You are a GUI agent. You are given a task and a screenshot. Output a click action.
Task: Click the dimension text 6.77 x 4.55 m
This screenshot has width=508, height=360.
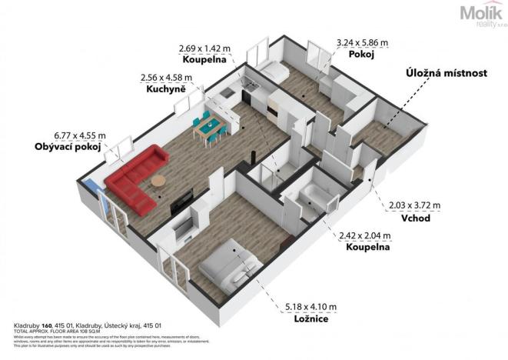[79, 134]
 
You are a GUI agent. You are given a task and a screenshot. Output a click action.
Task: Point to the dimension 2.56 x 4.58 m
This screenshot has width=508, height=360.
[167, 77]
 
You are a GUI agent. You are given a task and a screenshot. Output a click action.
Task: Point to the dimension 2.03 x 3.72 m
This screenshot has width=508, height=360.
[416, 205]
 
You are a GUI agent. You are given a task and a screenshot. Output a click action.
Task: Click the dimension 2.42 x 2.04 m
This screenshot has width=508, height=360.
[365, 236]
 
